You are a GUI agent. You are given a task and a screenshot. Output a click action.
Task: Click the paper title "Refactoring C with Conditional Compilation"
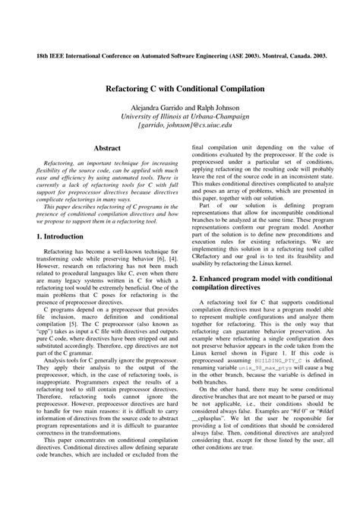click(x=179, y=89)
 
